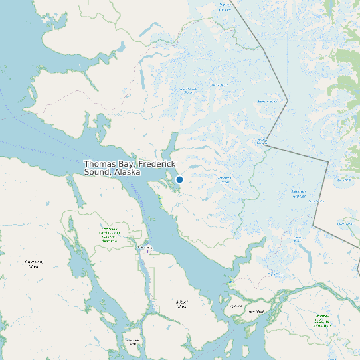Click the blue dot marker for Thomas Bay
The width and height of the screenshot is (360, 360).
click(179, 179)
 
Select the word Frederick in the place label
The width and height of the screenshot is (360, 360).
click(157, 163)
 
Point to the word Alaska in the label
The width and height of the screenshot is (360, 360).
click(127, 172)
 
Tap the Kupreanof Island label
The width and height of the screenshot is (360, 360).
click(33, 264)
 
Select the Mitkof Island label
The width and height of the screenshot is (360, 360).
click(181, 304)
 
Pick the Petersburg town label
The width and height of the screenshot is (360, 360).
click(145, 248)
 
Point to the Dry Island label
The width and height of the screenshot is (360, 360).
click(235, 306)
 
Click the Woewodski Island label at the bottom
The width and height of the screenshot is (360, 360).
click(133, 343)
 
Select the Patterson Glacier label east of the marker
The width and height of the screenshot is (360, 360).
click(225, 179)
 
